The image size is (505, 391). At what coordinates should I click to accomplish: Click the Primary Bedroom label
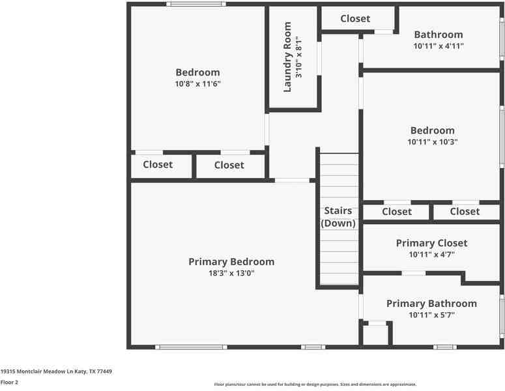tap(231, 262)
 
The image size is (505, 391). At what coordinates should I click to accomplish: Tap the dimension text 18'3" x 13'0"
tap(231, 273)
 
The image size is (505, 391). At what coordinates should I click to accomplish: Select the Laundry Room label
tap(287, 57)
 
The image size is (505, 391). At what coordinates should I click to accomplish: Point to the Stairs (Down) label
tap(338, 217)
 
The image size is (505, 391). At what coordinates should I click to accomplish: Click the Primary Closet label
tap(431, 243)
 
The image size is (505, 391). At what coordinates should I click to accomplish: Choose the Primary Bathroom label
tap(431, 304)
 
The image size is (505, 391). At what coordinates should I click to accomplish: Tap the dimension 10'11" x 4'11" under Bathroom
tap(439, 46)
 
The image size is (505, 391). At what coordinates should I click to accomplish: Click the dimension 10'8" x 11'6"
tap(197, 84)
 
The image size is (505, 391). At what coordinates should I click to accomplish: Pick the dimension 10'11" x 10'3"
tap(432, 141)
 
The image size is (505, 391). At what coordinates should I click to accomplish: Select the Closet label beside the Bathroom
tap(355, 19)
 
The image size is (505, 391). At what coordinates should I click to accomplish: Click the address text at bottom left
tap(56, 371)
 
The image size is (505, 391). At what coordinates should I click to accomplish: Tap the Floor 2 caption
tap(9, 383)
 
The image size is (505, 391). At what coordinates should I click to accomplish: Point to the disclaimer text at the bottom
tap(315, 384)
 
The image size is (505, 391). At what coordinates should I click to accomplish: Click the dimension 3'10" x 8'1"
tap(299, 57)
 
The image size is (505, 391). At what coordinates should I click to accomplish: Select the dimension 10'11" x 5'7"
tap(431, 315)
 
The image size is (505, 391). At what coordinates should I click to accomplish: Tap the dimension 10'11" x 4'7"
tap(431, 254)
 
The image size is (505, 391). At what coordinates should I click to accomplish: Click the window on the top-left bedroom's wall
tap(196, 4)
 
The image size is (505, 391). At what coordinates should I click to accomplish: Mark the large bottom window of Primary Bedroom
tap(191, 347)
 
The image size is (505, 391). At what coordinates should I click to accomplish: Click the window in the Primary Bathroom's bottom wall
tap(445, 347)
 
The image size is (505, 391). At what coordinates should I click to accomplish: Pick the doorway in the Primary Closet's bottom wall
tap(414, 274)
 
